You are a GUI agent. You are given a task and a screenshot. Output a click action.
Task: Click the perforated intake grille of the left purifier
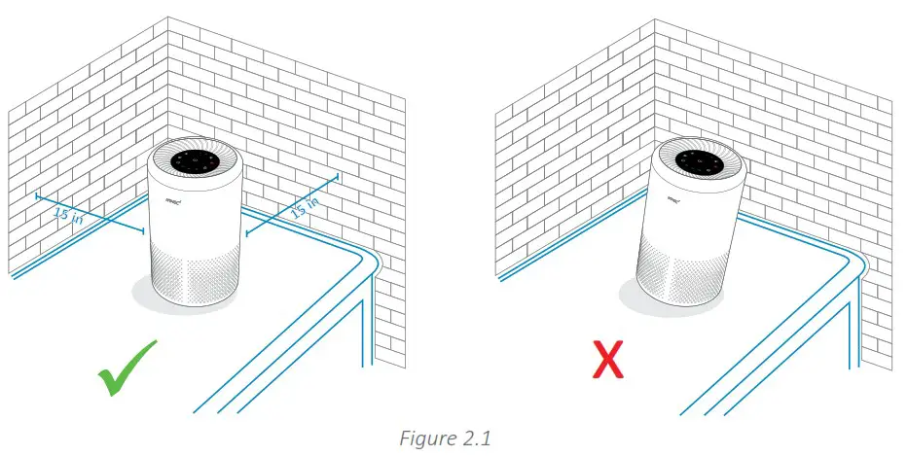tap(195, 278)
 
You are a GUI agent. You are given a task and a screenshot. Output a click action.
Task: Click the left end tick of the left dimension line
tap(36, 197)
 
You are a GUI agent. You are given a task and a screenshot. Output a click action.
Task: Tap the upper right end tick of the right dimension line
tap(337, 176)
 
